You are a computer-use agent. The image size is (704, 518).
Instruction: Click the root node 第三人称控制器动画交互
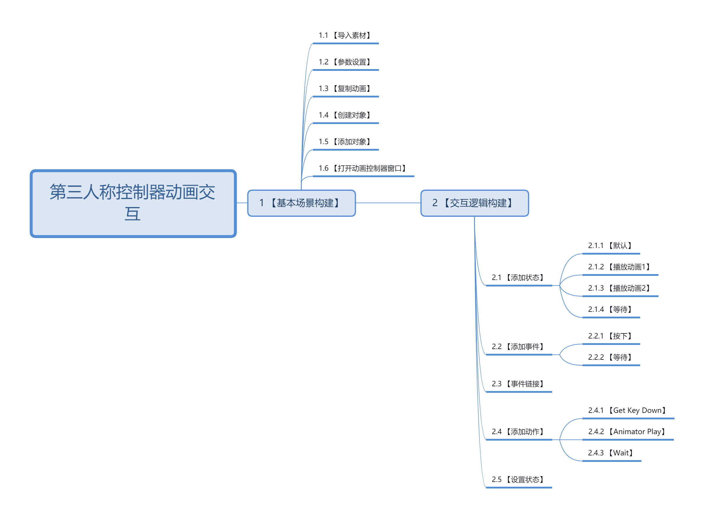(x=133, y=203)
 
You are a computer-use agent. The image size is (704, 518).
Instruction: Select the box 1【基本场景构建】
(x=301, y=203)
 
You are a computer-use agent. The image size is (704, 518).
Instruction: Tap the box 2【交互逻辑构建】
(x=474, y=203)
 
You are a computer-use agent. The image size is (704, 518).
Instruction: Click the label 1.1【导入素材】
(x=345, y=35)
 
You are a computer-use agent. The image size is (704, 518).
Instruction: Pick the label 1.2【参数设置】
(x=345, y=62)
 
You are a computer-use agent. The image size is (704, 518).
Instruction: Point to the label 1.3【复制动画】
(x=345, y=89)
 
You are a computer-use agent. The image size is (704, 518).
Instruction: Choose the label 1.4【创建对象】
(x=345, y=115)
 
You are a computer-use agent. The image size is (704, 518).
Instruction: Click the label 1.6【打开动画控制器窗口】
(x=363, y=168)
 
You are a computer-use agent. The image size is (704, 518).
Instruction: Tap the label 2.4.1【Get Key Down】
(x=627, y=411)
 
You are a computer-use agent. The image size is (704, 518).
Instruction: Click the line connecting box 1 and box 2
(x=388, y=203)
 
